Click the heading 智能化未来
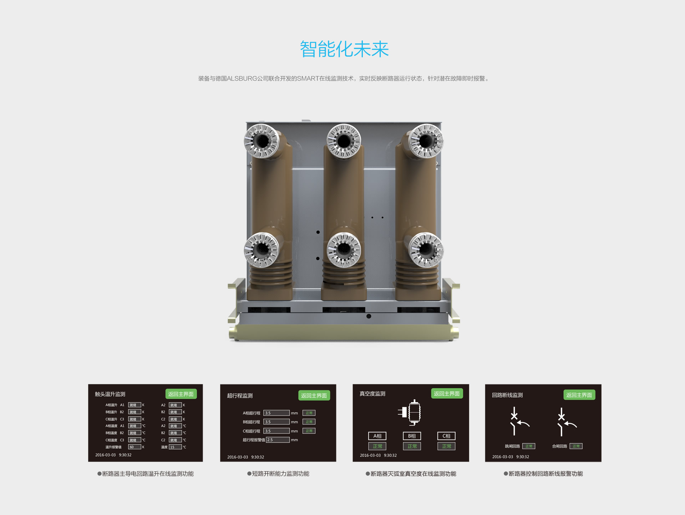coord(344,49)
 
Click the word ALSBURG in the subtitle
coord(242,78)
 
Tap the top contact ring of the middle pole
coord(344,141)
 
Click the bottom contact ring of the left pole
coord(262,250)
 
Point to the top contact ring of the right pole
coord(426,141)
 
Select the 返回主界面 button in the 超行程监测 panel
coord(314,396)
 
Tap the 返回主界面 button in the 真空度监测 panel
coord(447,393)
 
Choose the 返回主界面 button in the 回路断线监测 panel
coord(579,395)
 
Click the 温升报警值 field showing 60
coord(135,447)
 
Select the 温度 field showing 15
coord(175,447)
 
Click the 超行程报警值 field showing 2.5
coord(278,440)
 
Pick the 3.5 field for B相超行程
coord(276,422)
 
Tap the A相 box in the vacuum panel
coord(377,436)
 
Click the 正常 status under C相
coord(446,446)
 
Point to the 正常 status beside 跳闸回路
coord(529,446)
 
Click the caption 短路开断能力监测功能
coord(280,474)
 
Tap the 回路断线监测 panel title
coord(507,395)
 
